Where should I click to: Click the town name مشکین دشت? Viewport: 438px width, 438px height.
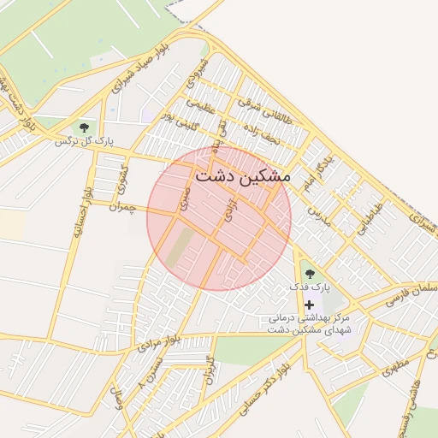pos(243,176)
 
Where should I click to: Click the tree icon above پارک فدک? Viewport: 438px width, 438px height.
pos(309,274)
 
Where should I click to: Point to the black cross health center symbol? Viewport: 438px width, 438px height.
pos(309,305)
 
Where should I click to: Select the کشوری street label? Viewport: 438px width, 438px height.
pos(123,177)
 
